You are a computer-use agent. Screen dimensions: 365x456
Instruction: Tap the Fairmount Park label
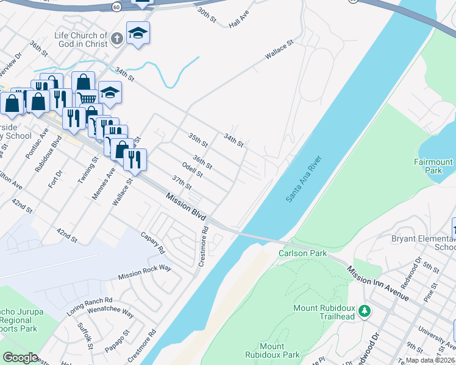pyautogui.click(x=433, y=167)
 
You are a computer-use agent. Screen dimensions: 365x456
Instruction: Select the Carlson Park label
pyautogui.click(x=302, y=253)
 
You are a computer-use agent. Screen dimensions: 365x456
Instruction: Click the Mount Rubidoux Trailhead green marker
pyautogui.click(x=365, y=311)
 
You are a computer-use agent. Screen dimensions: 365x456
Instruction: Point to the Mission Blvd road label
pyautogui.click(x=186, y=207)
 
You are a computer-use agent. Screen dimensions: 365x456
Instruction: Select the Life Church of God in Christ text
pyautogui.click(x=81, y=40)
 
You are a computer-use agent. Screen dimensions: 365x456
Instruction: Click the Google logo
pyautogui.click(x=20, y=358)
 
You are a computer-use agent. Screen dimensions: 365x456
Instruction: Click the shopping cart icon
pyautogui.click(x=88, y=97)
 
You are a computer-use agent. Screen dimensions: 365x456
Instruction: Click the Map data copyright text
pyautogui.click(x=430, y=361)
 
